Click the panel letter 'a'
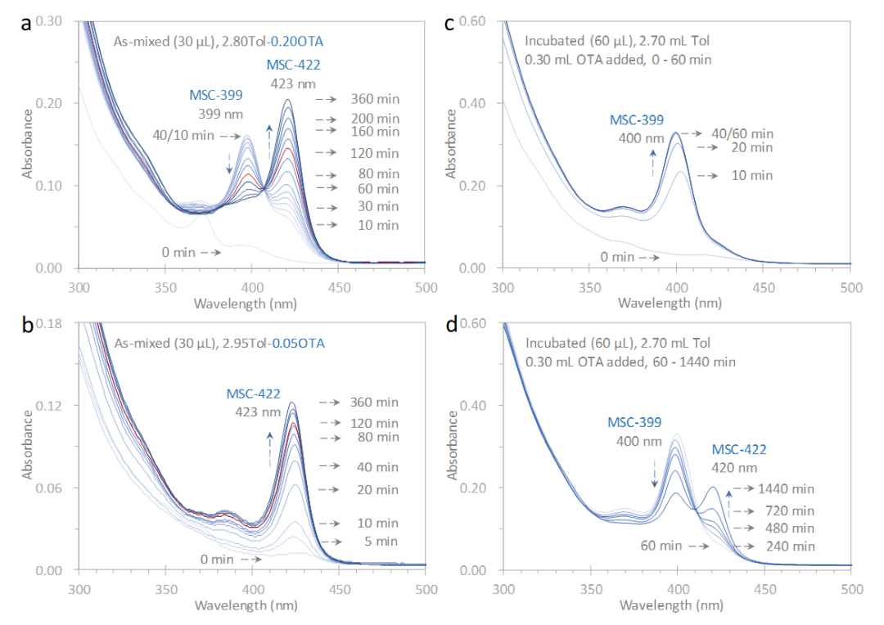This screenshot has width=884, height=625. (26, 23)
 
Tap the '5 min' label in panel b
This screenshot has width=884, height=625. (381, 541)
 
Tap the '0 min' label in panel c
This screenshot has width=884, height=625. (618, 257)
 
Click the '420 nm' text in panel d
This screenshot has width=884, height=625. (740, 468)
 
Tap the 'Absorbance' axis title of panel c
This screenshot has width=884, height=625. (451, 144)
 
